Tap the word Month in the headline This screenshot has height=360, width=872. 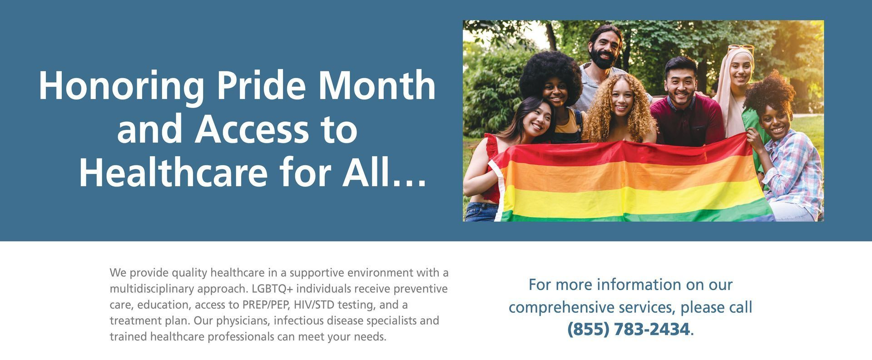pos(377,85)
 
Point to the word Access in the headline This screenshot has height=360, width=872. pos(252,129)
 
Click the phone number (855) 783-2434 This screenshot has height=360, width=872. pos(629,329)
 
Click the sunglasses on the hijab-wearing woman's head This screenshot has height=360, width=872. pos(741,48)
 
